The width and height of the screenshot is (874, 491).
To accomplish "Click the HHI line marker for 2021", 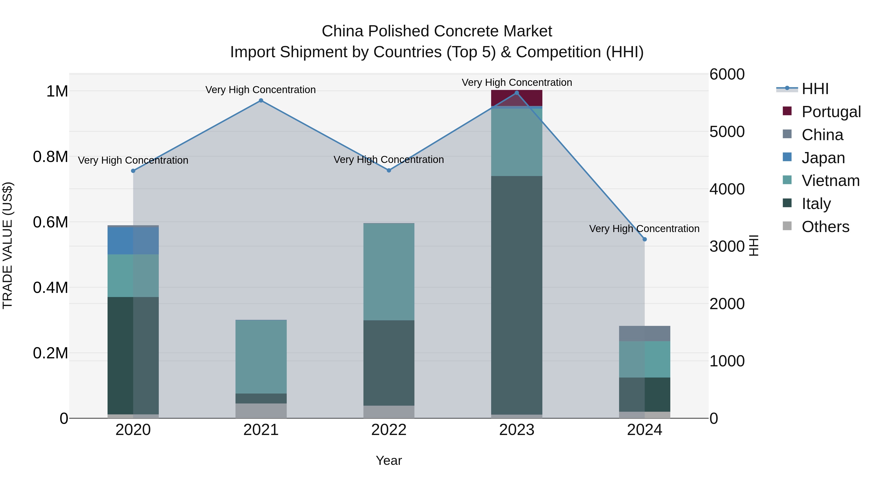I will [x=261, y=100].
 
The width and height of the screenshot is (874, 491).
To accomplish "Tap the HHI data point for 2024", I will [x=645, y=239].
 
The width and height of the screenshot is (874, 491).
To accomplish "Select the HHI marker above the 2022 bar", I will [x=389, y=170].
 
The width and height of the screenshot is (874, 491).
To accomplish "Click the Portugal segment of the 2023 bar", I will [x=517, y=98].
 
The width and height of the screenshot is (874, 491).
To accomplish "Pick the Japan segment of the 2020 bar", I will [x=133, y=241].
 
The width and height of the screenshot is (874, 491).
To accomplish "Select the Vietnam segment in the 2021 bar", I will [x=261, y=356].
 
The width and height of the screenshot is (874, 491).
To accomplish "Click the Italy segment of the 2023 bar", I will [x=517, y=295].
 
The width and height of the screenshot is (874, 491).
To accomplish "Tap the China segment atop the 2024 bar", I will [x=645, y=333].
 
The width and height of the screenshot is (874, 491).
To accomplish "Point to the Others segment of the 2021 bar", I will [x=261, y=411].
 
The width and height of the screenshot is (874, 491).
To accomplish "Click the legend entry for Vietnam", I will [x=830, y=181].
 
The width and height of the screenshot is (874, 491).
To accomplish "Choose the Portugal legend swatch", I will [x=787, y=111].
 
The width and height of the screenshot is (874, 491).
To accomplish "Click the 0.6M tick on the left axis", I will [x=50, y=222].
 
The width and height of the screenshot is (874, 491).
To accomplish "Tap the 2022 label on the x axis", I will [x=389, y=430].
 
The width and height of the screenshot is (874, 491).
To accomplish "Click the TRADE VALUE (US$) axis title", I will [x=8, y=245].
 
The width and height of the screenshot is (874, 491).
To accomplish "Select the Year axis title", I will [x=389, y=460].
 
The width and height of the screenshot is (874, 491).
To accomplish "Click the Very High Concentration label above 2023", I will [x=517, y=82].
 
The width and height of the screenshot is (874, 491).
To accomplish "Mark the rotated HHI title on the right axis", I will [x=754, y=245].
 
